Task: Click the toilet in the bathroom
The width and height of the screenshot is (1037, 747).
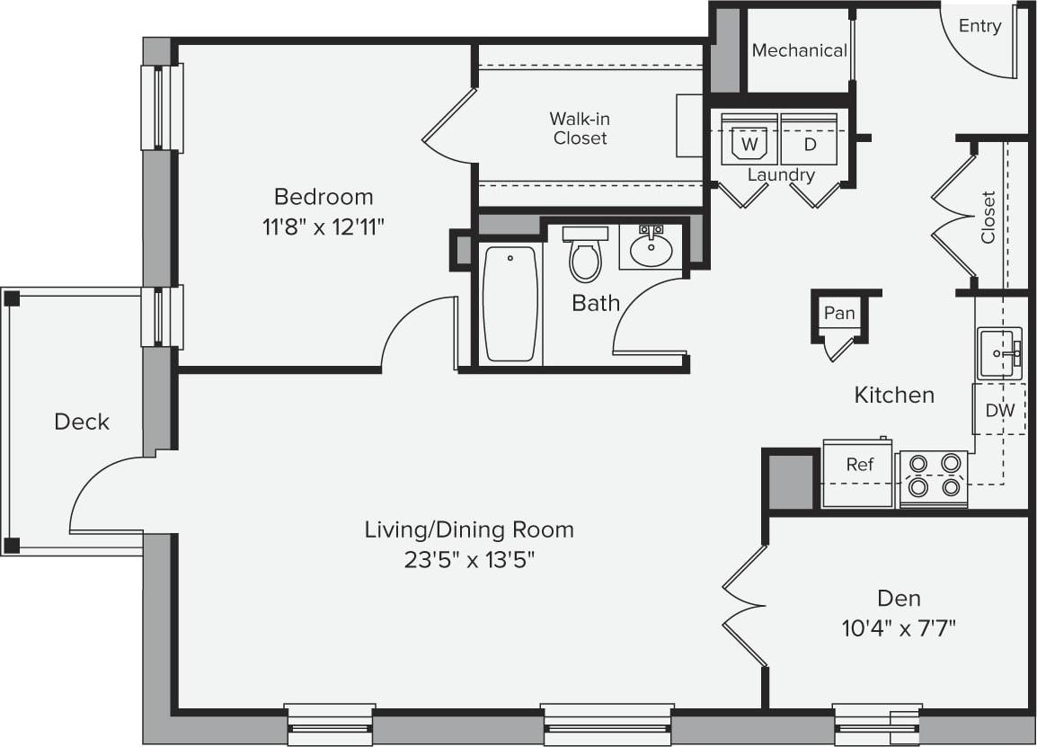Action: click(x=585, y=256)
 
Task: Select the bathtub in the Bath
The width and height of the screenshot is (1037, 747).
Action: click(x=510, y=304)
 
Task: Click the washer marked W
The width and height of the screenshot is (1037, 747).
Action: click(x=749, y=142)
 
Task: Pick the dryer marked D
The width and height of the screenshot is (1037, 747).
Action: click(x=809, y=142)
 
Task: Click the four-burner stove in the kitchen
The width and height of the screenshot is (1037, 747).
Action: click(x=934, y=476)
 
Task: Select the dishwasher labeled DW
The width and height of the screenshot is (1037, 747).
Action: click(x=999, y=411)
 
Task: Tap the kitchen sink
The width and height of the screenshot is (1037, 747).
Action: click(x=999, y=353)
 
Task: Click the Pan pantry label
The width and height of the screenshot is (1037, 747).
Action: click(x=839, y=314)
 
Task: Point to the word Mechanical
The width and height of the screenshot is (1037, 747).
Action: click(x=799, y=51)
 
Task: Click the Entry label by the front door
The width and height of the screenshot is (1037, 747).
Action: click(x=979, y=26)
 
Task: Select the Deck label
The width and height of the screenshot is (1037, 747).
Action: click(x=82, y=422)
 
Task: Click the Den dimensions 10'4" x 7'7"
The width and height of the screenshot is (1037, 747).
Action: click(x=899, y=627)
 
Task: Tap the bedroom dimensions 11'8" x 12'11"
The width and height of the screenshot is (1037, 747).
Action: click(x=324, y=227)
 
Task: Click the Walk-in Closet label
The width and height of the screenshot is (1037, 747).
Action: click(x=580, y=129)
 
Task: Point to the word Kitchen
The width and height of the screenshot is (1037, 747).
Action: click(x=894, y=395)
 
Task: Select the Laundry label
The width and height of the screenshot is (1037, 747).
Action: click(x=781, y=175)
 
